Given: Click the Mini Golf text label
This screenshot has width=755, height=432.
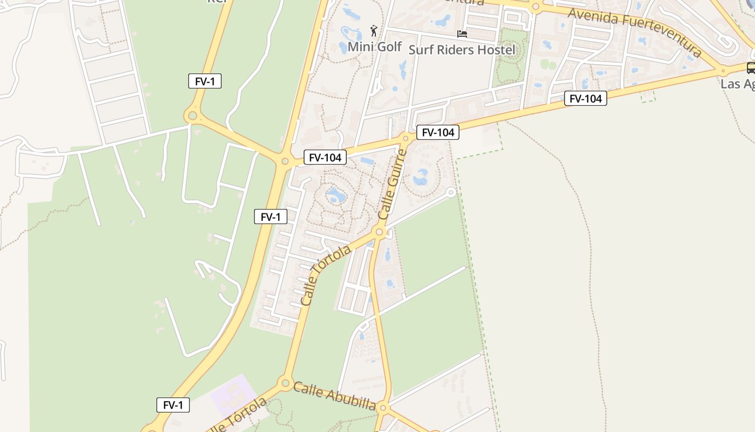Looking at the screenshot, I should [x=374, y=47].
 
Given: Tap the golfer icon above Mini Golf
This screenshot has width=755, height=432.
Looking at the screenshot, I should [x=373, y=31].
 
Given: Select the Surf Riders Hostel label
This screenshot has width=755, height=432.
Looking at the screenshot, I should [x=462, y=50].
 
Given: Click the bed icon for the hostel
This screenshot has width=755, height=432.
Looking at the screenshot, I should [x=462, y=33].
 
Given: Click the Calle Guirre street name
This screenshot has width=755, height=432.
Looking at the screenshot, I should [x=392, y=184].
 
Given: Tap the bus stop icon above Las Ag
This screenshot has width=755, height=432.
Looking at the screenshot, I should [x=751, y=68].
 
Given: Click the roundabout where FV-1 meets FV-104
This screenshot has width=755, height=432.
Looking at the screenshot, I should [x=285, y=160].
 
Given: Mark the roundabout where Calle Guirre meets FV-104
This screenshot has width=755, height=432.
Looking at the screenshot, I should [x=406, y=138].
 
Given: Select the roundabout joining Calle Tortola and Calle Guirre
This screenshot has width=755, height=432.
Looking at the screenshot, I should [x=380, y=233].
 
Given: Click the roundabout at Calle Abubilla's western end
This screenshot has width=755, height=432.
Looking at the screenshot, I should [x=285, y=383].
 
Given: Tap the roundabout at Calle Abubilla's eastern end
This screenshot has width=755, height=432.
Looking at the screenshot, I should [x=383, y=407].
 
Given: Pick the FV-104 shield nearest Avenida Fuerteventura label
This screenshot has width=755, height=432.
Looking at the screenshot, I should [x=585, y=98].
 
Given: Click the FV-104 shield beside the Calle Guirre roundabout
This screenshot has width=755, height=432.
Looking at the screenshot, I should [x=437, y=132].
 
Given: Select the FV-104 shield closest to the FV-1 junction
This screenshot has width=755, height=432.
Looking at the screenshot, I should [x=325, y=158].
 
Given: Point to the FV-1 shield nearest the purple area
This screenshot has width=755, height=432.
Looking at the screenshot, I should [x=173, y=405].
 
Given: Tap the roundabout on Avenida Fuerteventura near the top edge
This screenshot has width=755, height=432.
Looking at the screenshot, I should [x=535, y=8].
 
